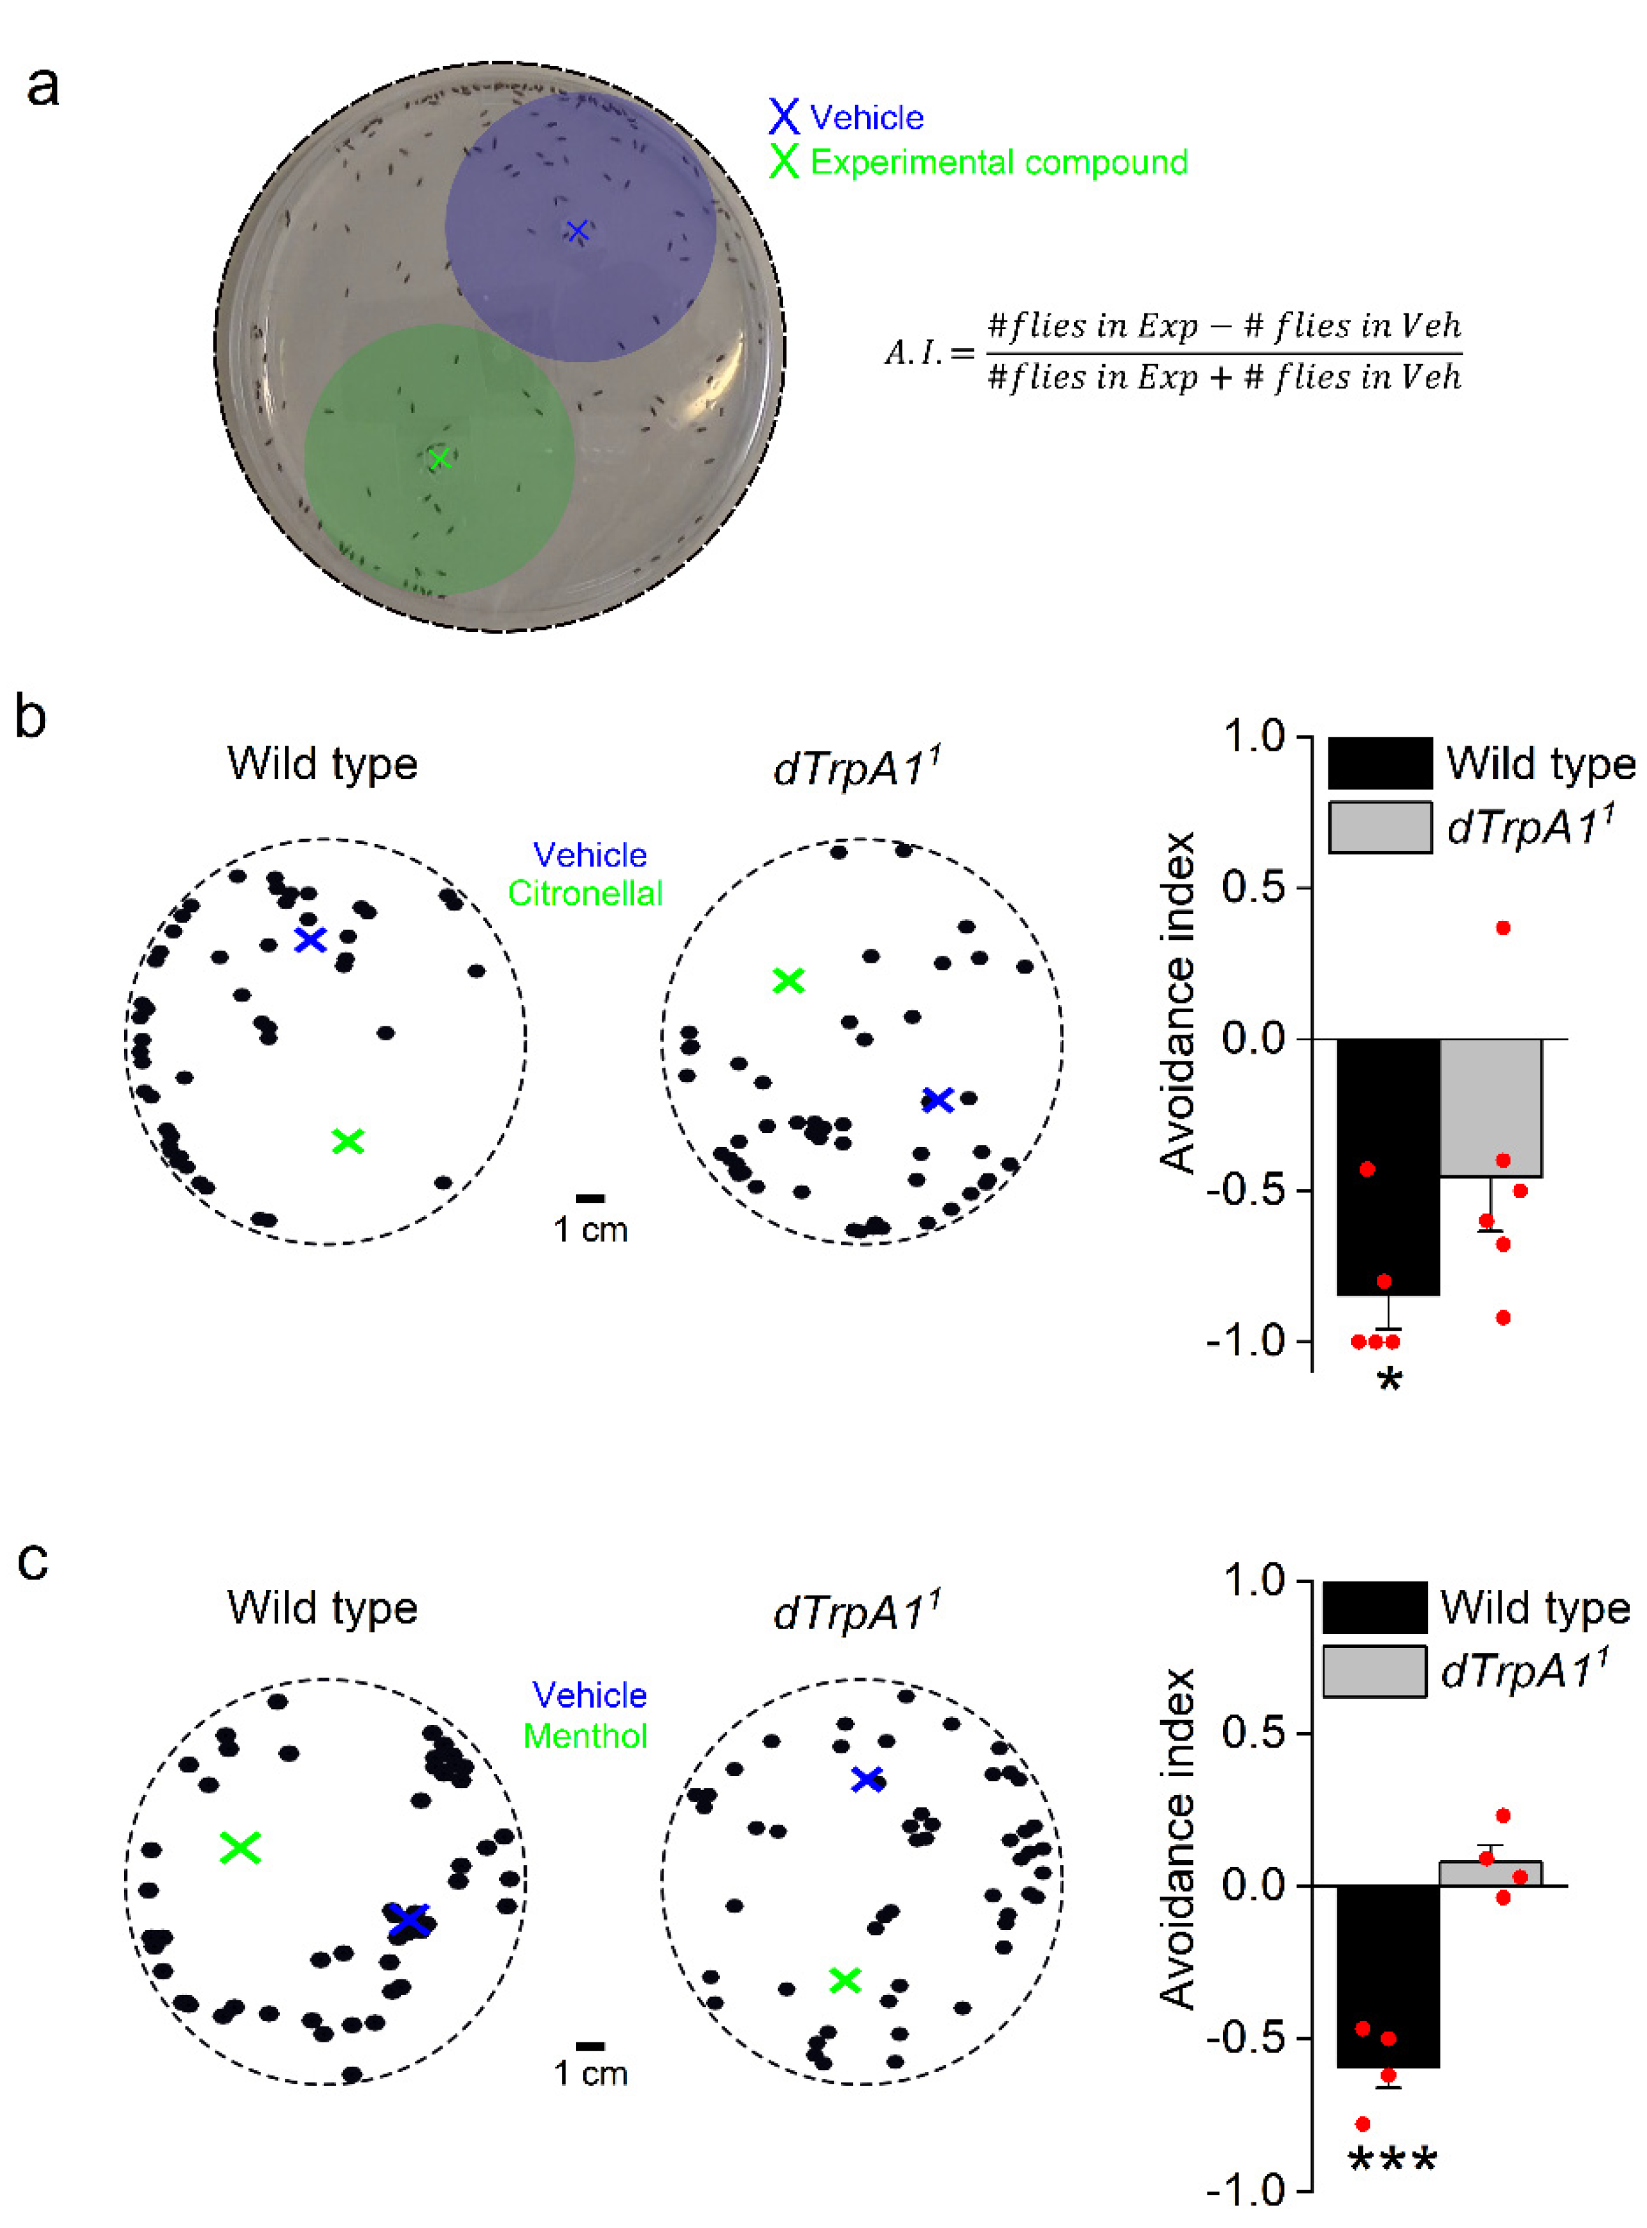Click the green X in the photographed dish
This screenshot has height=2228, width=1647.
coord(439,459)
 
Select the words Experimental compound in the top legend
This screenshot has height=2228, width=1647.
coord(998,162)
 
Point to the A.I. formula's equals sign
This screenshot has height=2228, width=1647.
coord(962,353)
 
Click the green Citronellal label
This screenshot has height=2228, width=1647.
coord(585,893)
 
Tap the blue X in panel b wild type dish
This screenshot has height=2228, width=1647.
coord(311,939)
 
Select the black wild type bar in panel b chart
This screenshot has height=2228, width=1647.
coord(1387,1166)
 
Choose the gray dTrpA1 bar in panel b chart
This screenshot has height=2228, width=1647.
coord(1492,1107)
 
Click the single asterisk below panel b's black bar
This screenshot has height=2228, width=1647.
coord(1389,1382)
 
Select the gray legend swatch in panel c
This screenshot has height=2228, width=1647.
coord(1374,1672)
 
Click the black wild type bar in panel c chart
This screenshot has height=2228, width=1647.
coord(1387,1974)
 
